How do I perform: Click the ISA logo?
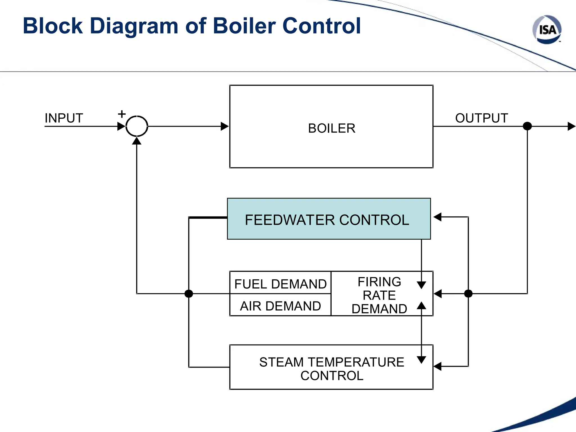tap(547, 30)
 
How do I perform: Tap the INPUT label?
tap(64, 118)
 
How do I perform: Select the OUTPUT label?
tap(481, 118)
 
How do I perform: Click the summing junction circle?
tap(137, 126)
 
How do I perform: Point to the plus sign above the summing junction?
tap(122, 114)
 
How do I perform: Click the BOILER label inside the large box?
tap(332, 129)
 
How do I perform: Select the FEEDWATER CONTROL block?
tap(328, 219)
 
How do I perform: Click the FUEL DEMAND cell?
tap(280, 283)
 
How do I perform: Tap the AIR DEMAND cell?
tap(280, 306)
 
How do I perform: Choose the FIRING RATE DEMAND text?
tap(379, 295)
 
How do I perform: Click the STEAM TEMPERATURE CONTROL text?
tap(332, 368)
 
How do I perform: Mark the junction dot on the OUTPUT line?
tap(527, 126)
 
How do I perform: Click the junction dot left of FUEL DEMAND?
tap(189, 294)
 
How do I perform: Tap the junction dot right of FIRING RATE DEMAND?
tap(468, 294)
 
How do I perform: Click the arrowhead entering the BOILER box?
tap(224, 126)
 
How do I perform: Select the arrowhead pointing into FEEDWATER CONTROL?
tap(437, 217)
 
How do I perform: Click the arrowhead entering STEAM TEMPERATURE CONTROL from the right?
tap(437, 366)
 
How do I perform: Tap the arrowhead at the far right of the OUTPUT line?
tap(571, 126)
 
